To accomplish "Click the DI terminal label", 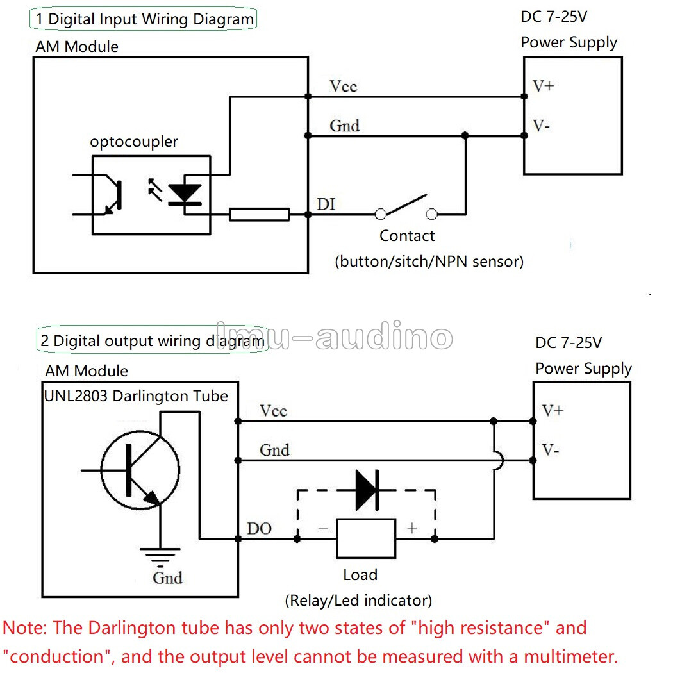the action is (326, 204).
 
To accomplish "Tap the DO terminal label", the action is (259, 528).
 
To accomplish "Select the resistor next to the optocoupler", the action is (259, 214).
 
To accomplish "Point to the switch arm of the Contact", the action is (406, 204).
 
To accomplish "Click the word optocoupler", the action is (134, 142).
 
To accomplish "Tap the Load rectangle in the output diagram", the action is (366, 538).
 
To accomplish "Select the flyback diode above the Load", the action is (367, 490).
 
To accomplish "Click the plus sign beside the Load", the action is (412, 528).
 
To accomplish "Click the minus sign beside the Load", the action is (323, 528).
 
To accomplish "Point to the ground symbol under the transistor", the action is (160, 557).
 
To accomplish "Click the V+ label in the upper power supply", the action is (544, 87).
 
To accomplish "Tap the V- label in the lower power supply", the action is (550, 450).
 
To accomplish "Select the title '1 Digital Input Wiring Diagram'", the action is (145, 19).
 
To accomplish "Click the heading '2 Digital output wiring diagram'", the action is (153, 341).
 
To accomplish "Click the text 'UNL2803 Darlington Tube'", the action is (136, 395).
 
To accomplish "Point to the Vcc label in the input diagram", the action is (343, 87).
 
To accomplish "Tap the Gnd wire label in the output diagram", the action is (275, 450).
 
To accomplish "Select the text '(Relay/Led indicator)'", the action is (358, 601).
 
